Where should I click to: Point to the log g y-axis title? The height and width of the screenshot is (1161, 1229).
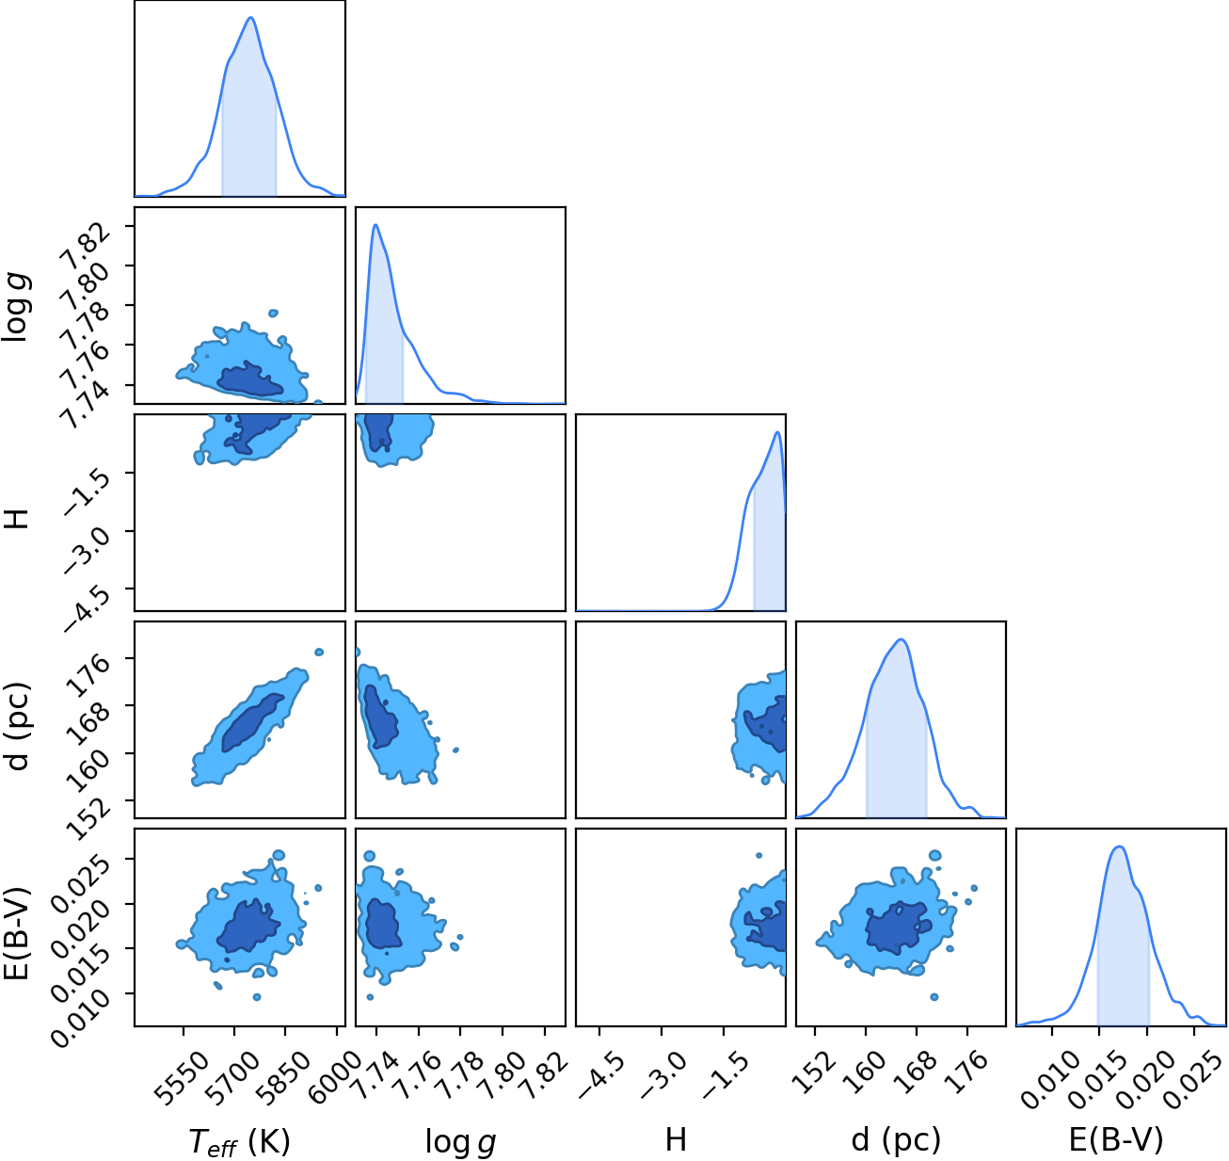point(17,308)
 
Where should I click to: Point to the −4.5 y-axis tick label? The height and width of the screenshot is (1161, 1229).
point(86,609)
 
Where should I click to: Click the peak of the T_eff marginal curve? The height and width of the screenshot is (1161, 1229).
point(250,17)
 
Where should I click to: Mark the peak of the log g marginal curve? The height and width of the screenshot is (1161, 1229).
point(375,224)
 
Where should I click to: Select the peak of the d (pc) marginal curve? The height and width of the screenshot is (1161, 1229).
point(902,639)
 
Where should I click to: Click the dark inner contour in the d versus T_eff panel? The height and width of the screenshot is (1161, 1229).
point(252,722)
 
